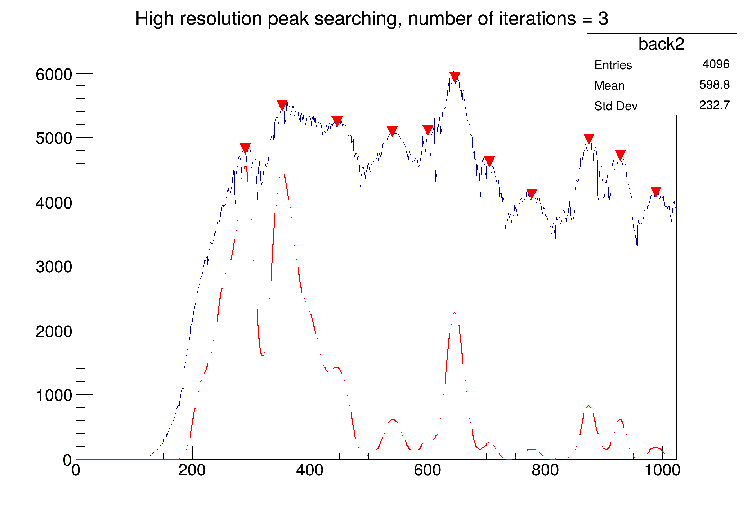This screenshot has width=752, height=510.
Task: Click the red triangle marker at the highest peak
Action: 455,76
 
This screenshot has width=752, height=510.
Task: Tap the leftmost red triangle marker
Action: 245,148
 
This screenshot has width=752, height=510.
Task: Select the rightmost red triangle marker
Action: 656,191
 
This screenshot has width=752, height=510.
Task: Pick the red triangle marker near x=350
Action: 282,105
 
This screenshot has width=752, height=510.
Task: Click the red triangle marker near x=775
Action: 531,193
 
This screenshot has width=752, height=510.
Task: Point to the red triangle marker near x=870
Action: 588,138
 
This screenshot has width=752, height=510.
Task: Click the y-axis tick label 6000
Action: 54,75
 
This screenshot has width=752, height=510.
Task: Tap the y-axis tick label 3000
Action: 54,267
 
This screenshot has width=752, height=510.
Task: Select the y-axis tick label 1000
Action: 54,395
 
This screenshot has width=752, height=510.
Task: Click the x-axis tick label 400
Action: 310,470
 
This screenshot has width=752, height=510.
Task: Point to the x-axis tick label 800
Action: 545,470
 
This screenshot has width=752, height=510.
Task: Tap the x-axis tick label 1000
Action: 662,470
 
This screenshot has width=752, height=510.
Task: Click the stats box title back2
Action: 661,44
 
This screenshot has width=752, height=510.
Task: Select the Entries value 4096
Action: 716,64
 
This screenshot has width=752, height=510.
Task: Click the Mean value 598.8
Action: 714,85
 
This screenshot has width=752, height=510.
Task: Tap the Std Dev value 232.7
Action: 714,105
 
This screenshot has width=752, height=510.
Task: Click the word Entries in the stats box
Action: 613,65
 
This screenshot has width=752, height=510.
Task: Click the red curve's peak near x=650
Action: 455,313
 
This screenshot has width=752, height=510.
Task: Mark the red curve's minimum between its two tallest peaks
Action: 263,355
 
